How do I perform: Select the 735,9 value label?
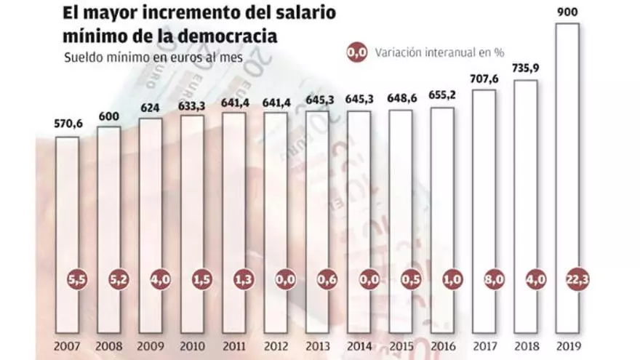click(x=525, y=70)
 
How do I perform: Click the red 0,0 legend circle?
click(x=356, y=52)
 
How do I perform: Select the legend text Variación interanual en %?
click(x=439, y=52)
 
